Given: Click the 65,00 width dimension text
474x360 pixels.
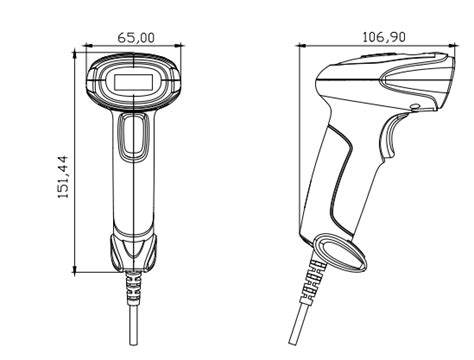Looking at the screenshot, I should tap(135, 36).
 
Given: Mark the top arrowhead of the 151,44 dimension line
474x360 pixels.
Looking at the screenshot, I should tap(76, 57).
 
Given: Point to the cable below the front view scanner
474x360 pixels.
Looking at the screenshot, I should tap(132, 325).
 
